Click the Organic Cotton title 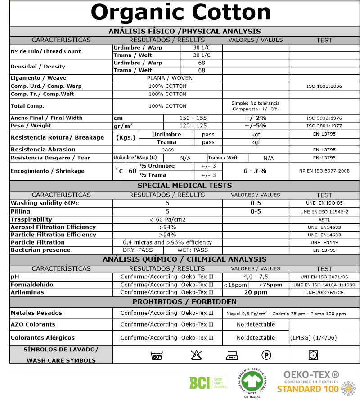181,13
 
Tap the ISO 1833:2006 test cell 324,86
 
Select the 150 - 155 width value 193,118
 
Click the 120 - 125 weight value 193,126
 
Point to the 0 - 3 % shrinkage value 255,171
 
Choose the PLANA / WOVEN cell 167,78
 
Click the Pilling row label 21,211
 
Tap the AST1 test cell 324,219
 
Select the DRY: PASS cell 138,250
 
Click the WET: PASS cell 193,250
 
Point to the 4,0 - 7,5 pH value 255,277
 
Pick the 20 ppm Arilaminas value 255,292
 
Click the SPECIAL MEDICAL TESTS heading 184,186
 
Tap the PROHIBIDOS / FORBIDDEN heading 184,302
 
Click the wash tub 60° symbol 156,356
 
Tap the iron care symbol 232,356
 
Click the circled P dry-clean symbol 267,356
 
